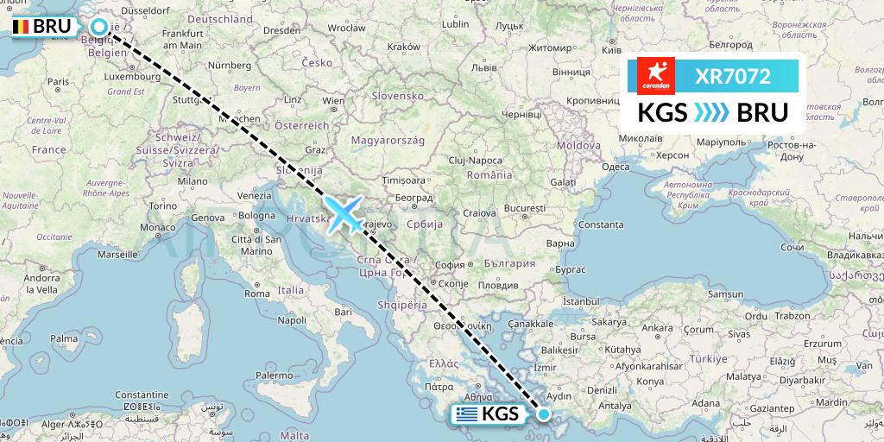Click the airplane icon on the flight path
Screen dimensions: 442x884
coord(344,213)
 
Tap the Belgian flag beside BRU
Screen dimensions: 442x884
coord(21,27)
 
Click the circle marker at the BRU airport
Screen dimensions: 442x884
coord(98,28)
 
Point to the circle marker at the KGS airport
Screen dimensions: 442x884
coord(545,414)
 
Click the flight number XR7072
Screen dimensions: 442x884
coord(733,77)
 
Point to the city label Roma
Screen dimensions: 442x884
coord(257,293)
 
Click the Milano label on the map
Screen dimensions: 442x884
coord(193,182)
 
